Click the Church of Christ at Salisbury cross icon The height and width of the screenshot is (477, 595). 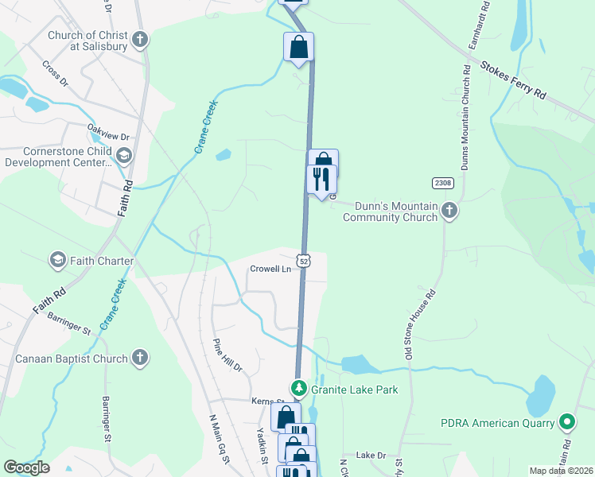140,40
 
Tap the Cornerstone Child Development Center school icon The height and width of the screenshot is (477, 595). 123,155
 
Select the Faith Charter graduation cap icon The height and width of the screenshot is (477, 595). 57,260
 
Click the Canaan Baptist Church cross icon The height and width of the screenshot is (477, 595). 140,359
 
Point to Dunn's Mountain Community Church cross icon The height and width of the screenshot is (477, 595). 449,211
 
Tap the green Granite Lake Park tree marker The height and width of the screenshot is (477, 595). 298,389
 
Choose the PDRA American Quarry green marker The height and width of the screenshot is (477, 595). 566,421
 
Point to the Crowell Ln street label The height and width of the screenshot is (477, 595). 270,269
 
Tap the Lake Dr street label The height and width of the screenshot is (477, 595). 371,455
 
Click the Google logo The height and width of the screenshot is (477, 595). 26,467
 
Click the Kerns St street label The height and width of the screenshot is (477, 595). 268,401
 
